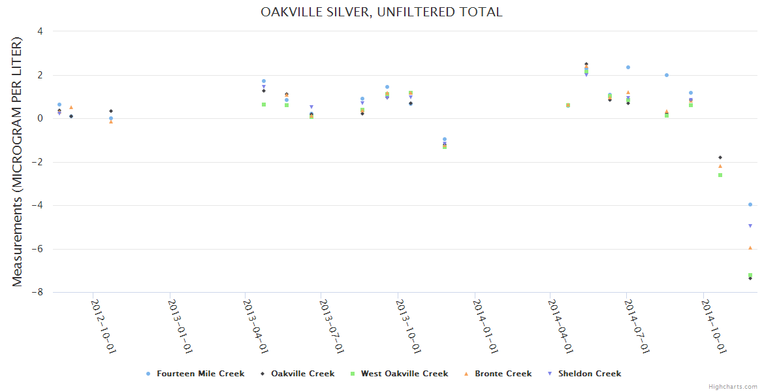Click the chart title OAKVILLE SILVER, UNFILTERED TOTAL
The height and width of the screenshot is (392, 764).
point(381,12)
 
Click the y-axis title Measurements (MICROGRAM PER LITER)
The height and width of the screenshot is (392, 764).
point(17,161)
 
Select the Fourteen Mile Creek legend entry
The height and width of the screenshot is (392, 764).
point(200,374)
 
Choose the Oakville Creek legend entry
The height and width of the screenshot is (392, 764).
point(302,374)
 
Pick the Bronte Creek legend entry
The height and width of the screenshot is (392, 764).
point(503,374)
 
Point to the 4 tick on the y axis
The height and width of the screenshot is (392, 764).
point(40,31)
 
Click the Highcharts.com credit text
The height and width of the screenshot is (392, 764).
point(733,387)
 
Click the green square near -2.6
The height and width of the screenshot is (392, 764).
point(720,175)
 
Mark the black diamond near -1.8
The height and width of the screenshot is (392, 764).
point(720,157)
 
